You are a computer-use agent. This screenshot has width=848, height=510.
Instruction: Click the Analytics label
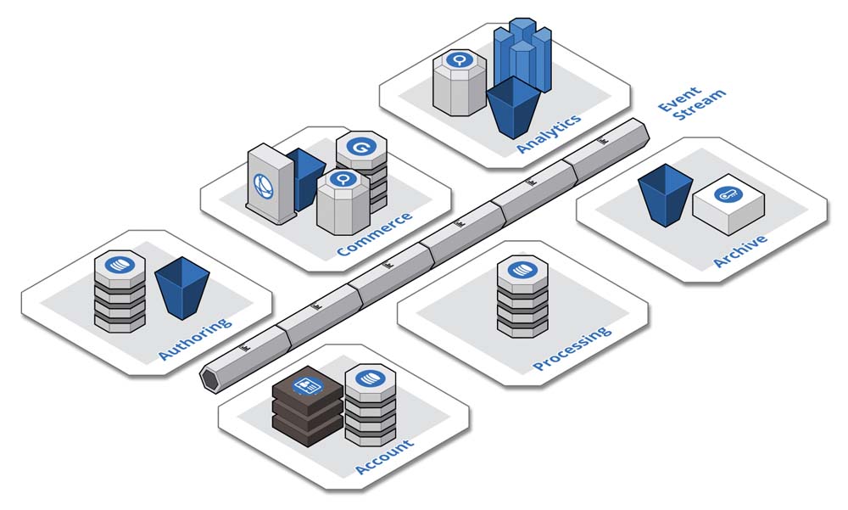[x=549, y=133]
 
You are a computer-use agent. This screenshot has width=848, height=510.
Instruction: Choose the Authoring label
[x=194, y=339]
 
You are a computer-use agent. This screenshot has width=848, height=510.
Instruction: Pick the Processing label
[x=572, y=349]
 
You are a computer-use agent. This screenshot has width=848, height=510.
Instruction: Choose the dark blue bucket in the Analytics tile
[x=513, y=106]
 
